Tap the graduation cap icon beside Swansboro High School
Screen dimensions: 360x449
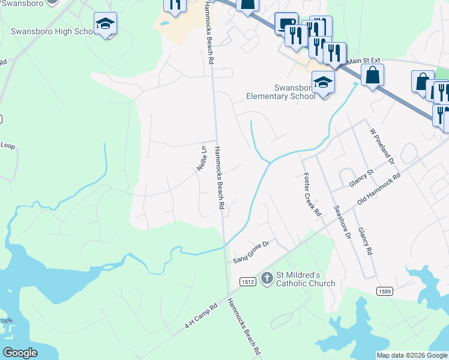[x=105, y=24]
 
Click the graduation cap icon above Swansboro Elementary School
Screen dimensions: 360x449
[x=324, y=82]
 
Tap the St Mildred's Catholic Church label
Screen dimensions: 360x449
[x=306, y=279]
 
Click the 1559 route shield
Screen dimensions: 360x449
[x=385, y=291]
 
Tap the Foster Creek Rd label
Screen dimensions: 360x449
[x=312, y=195]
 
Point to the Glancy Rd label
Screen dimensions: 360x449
[x=365, y=241]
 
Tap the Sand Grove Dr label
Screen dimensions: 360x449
[x=253, y=250]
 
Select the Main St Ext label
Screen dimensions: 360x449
[x=364, y=61]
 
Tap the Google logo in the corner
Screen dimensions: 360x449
[x=20, y=353]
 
